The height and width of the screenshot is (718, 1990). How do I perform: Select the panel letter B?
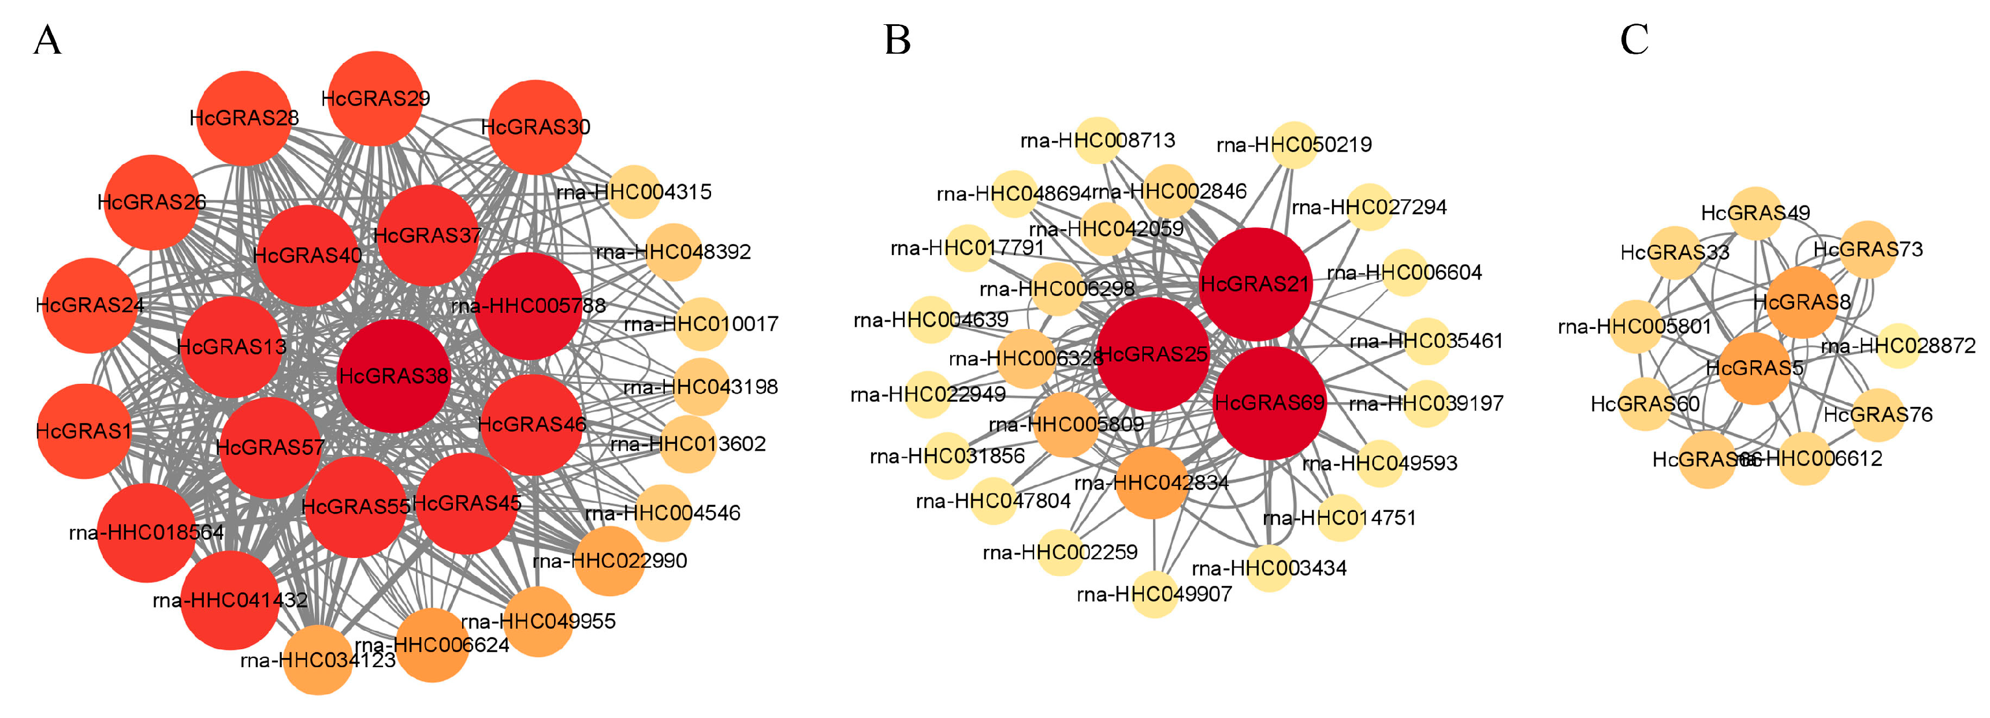[x=897, y=40]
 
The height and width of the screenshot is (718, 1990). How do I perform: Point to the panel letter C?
[x=1634, y=40]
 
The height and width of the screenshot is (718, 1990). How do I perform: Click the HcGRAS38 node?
[x=393, y=376]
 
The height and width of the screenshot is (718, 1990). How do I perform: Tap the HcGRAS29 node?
[x=375, y=99]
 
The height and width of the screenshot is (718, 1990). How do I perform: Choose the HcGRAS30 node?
[x=535, y=126]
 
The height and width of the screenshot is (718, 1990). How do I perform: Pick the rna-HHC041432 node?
[x=230, y=600]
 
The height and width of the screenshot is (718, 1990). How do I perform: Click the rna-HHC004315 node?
[x=634, y=192]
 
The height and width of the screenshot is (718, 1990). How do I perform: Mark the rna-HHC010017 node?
[x=701, y=323]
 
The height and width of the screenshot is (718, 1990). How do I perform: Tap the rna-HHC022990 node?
[x=609, y=560]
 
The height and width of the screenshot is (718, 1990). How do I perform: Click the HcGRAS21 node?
[x=1255, y=284]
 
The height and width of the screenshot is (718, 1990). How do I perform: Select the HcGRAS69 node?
[x=1269, y=403]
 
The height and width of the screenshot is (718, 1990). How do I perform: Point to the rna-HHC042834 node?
[x=1151, y=483]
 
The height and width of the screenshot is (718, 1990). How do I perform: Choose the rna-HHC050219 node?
[x=1294, y=144]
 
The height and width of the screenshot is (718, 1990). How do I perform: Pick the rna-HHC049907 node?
[x=1154, y=594]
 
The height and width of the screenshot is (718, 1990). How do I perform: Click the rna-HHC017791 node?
[x=967, y=248]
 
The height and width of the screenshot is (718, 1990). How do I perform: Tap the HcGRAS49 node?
[x=1755, y=212]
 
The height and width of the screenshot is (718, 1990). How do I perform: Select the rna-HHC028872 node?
[x=1898, y=345]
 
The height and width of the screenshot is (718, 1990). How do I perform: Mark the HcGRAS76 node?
[x=1877, y=414]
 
